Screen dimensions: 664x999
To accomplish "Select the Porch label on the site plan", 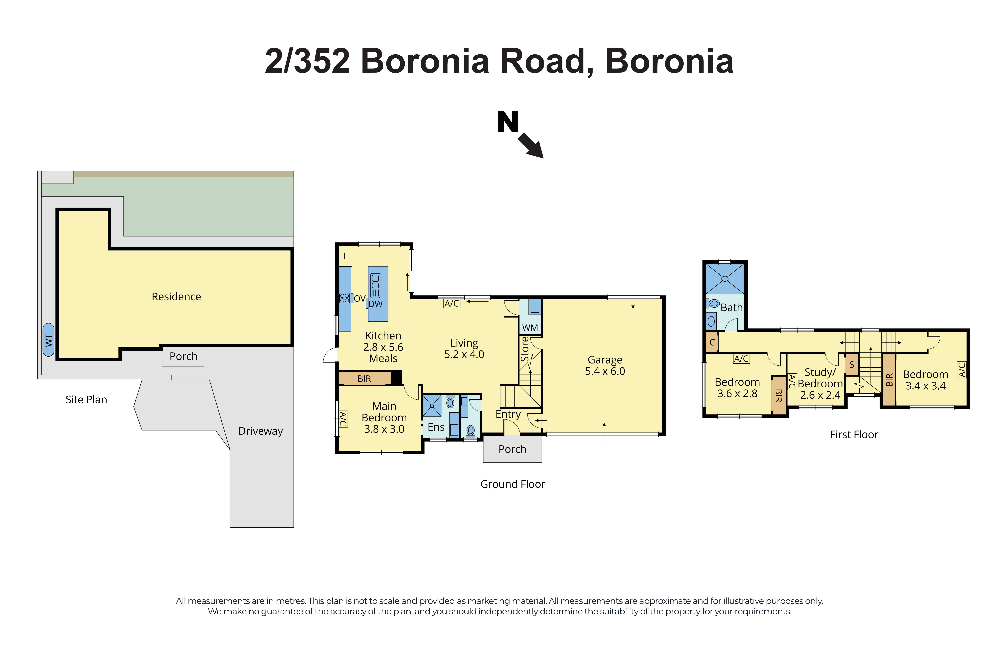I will point(183,357).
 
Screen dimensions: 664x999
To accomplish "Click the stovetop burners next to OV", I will point(344,298).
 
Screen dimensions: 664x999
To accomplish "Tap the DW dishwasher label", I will point(375,304).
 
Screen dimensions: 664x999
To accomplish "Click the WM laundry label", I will point(530,328).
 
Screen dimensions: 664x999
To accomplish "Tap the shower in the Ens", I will point(432,406).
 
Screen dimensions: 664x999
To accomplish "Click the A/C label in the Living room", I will point(452,304).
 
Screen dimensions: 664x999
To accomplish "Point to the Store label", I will point(524,349).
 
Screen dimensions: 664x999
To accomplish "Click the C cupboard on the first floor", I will point(712,343).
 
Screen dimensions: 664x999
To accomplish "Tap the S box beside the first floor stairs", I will point(851,365).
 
